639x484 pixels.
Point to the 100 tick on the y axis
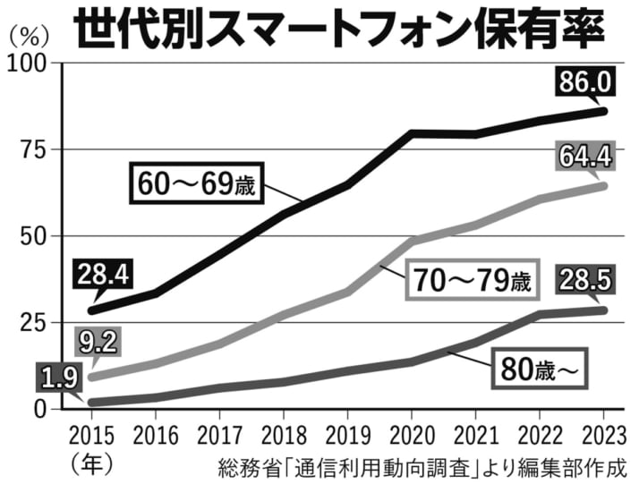tap(34, 64)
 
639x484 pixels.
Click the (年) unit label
tap(90, 464)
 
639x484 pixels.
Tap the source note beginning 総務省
tap(420, 466)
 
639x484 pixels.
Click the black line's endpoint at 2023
tap(603, 111)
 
